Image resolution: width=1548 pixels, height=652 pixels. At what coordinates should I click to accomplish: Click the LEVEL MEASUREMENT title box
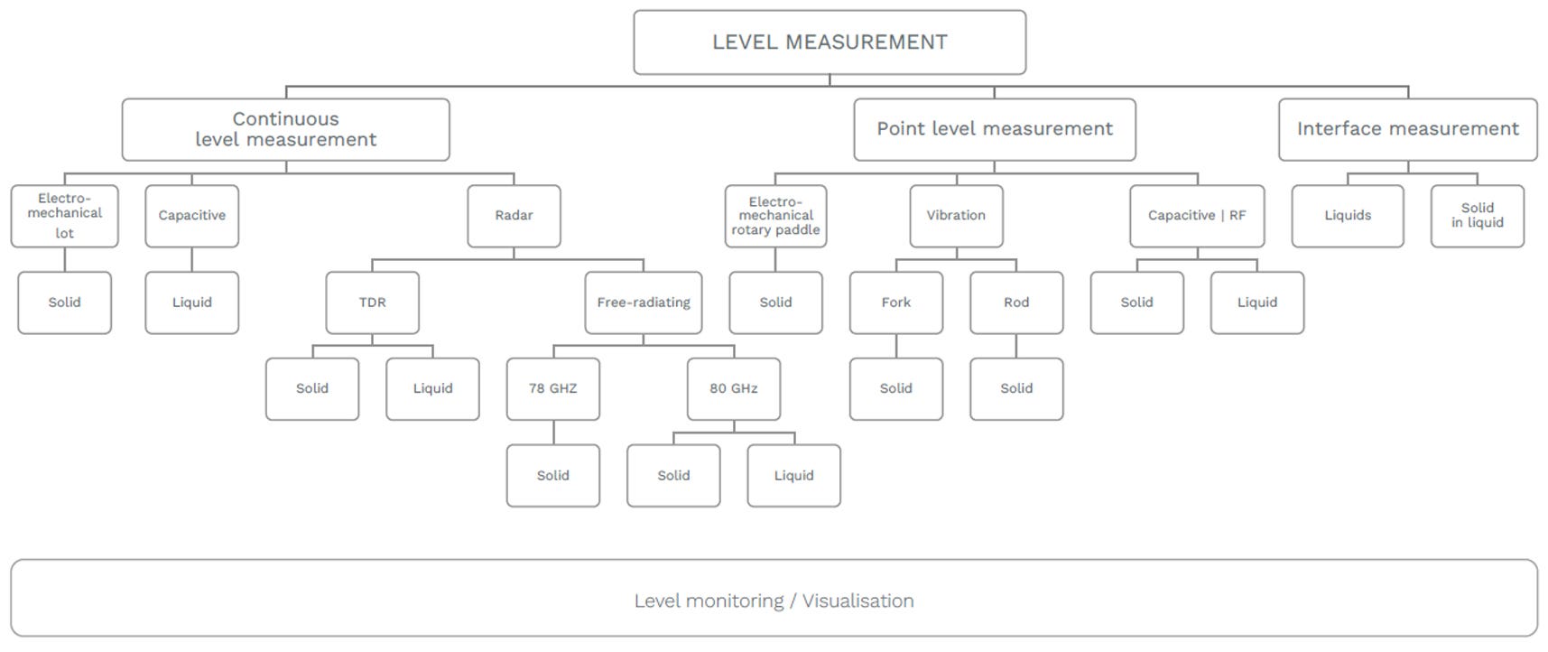click(x=830, y=42)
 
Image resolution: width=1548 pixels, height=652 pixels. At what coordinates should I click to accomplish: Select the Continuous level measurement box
click(x=285, y=129)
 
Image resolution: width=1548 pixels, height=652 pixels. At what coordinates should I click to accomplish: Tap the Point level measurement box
click(x=994, y=129)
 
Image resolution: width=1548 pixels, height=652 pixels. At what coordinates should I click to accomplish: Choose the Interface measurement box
click(x=1407, y=129)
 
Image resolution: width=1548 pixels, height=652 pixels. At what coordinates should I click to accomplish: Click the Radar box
click(x=514, y=216)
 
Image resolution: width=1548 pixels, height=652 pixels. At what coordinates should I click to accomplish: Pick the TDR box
click(x=372, y=303)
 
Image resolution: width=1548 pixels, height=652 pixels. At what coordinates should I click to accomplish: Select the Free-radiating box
click(x=644, y=303)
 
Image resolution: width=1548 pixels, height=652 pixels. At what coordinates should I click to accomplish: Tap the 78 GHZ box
click(x=553, y=389)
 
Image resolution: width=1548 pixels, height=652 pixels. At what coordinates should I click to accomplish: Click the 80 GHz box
click(x=734, y=389)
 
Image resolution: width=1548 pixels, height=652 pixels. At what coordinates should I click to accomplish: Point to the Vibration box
click(x=956, y=216)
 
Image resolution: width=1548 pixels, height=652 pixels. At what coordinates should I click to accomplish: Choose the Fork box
click(x=896, y=303)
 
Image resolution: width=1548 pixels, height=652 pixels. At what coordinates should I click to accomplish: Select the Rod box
click(x=1016, y=303)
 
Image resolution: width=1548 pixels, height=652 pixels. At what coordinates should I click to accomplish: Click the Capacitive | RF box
click(x=1197, y=216)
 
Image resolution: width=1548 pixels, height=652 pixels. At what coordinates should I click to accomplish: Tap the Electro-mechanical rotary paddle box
click(x=775, y=216)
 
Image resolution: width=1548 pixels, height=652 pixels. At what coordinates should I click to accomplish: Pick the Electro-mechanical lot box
click(x=64, y=216)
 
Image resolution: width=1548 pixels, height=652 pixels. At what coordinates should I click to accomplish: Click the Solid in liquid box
click(x=1478, y=216)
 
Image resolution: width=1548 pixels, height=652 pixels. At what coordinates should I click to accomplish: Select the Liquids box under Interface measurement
click(x=1348, y=216)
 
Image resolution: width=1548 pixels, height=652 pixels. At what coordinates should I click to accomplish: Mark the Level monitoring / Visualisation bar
click(x=774, y=598)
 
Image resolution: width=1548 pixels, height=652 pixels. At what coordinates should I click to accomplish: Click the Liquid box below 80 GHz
click(x=793, y=476)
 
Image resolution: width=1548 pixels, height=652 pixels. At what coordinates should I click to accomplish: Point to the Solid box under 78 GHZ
click(x=553, y=476)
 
